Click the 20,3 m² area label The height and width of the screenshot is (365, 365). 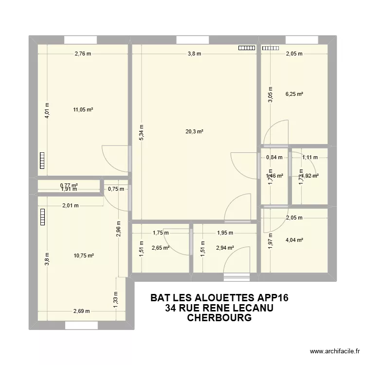[194, 131]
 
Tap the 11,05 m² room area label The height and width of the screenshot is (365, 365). [83, 109]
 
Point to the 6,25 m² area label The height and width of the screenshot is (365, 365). [294, 94]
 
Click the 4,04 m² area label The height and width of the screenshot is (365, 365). [294, 239]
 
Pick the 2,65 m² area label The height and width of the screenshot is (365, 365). [161, 248]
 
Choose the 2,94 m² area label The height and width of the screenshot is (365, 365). [225, 248]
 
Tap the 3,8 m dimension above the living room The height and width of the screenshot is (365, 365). [194, 54]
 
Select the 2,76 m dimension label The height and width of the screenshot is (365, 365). [83, 54]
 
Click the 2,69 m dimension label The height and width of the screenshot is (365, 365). [81, 311]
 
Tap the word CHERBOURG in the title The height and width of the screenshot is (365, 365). [219, 318]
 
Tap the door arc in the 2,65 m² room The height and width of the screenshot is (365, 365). [181, 242]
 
